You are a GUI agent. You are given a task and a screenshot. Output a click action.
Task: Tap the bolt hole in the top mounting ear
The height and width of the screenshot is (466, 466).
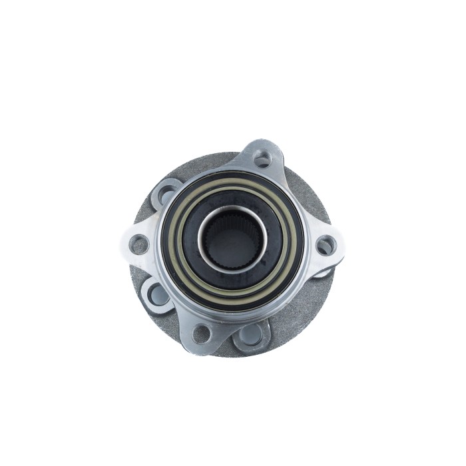tap(263, 158)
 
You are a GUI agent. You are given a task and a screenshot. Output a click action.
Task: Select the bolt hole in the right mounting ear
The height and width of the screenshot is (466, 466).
tap(326, 246)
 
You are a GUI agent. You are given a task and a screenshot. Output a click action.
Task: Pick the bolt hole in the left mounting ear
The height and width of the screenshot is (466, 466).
tap(139, 244)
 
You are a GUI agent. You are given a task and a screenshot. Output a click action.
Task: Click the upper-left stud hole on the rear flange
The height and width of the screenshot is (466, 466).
tap(164, 194)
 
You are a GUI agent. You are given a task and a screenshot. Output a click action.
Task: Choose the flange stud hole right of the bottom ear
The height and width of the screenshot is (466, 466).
tap(252, 335)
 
